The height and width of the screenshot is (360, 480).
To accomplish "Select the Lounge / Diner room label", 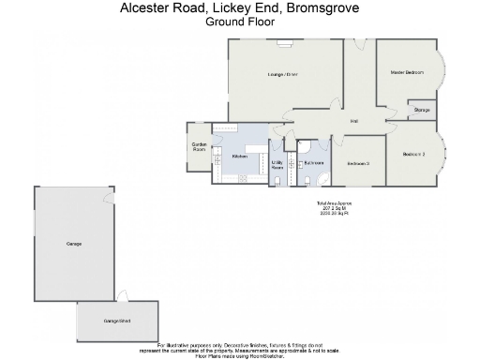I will tap(282, 73).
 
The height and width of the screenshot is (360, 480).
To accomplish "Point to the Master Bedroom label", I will tap(407, 73).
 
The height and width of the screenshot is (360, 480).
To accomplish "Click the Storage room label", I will tap(421, 110).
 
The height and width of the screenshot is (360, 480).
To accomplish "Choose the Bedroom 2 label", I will tap(413, 154).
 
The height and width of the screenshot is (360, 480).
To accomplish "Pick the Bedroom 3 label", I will tap(358, 163).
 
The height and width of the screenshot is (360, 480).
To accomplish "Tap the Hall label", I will tap(355, 121).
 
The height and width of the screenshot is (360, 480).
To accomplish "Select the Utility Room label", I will tap(277, 165).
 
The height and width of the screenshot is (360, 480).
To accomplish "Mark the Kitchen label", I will tap(239, 156).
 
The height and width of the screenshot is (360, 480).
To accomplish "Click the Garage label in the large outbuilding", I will tap(73, 244).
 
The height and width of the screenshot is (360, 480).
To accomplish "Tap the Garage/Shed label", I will tap(116, 322).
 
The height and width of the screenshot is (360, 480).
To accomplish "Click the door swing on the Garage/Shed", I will tap(121, 297).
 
